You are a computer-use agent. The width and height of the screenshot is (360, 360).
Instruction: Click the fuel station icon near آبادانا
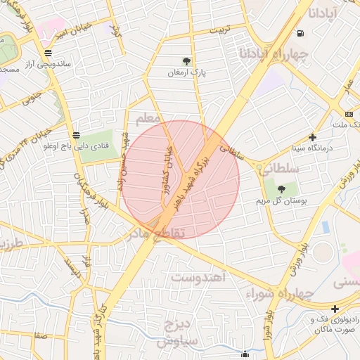pos(301,32)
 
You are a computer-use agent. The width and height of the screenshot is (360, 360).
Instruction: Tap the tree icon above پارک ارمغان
pos(186,61)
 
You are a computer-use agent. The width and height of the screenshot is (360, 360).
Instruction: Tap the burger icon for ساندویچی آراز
pos(47,52)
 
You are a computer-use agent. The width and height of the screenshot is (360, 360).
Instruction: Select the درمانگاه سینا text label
pos(312,148)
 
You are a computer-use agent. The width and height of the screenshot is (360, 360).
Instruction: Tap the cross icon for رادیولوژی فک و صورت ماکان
pos(336,308)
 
